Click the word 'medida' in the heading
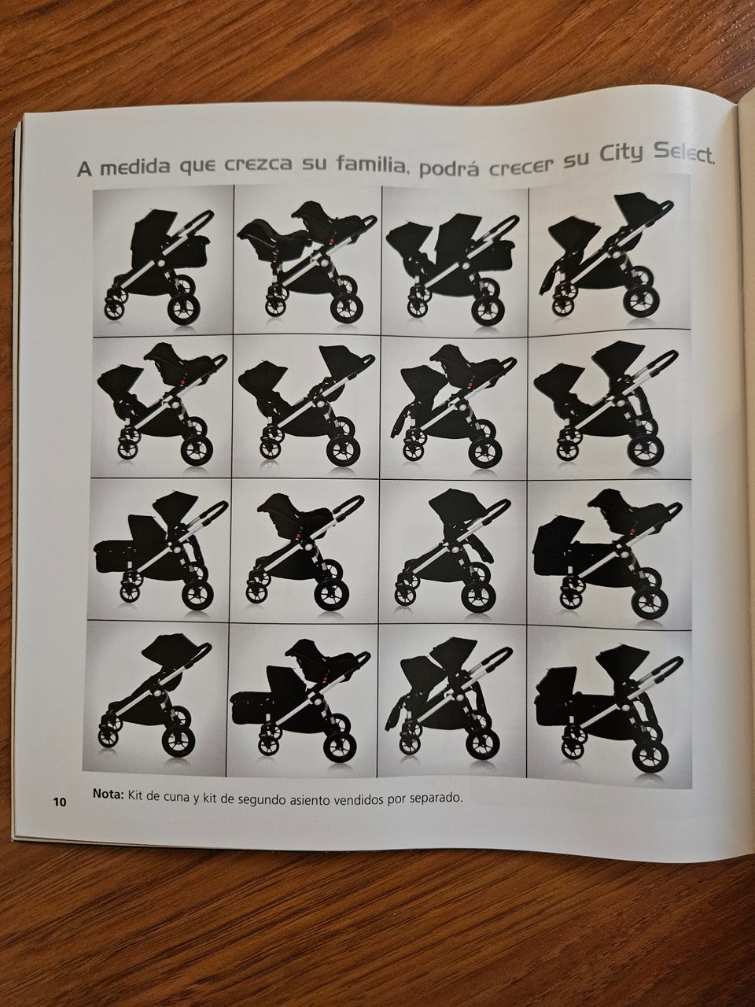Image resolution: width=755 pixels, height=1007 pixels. coord(134,168)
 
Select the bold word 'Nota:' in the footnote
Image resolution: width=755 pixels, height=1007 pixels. coord(109,793)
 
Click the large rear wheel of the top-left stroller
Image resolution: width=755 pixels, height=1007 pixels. coord(184,308)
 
